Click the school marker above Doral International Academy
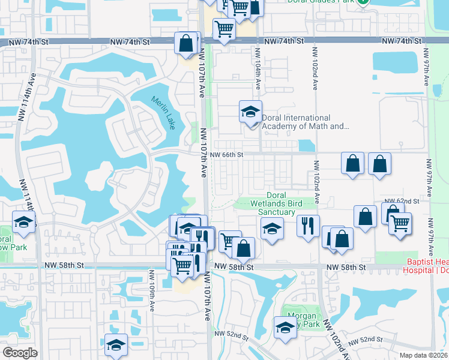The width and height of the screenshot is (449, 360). pos(251,112)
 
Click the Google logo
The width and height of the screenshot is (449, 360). pos(20,353)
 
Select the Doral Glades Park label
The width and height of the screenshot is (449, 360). pos(330,2)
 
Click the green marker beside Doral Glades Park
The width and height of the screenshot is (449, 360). pos(363,2)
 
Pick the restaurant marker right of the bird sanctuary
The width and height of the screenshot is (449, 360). pos(308,226)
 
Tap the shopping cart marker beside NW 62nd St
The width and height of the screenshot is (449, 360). pos(400,224)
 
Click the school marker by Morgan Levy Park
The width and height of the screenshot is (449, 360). pos(285,328)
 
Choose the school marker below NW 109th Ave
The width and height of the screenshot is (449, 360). pos(116,345)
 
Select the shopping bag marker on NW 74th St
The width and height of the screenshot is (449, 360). pos(186,43)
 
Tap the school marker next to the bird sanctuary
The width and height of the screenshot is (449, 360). pos(272,229)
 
